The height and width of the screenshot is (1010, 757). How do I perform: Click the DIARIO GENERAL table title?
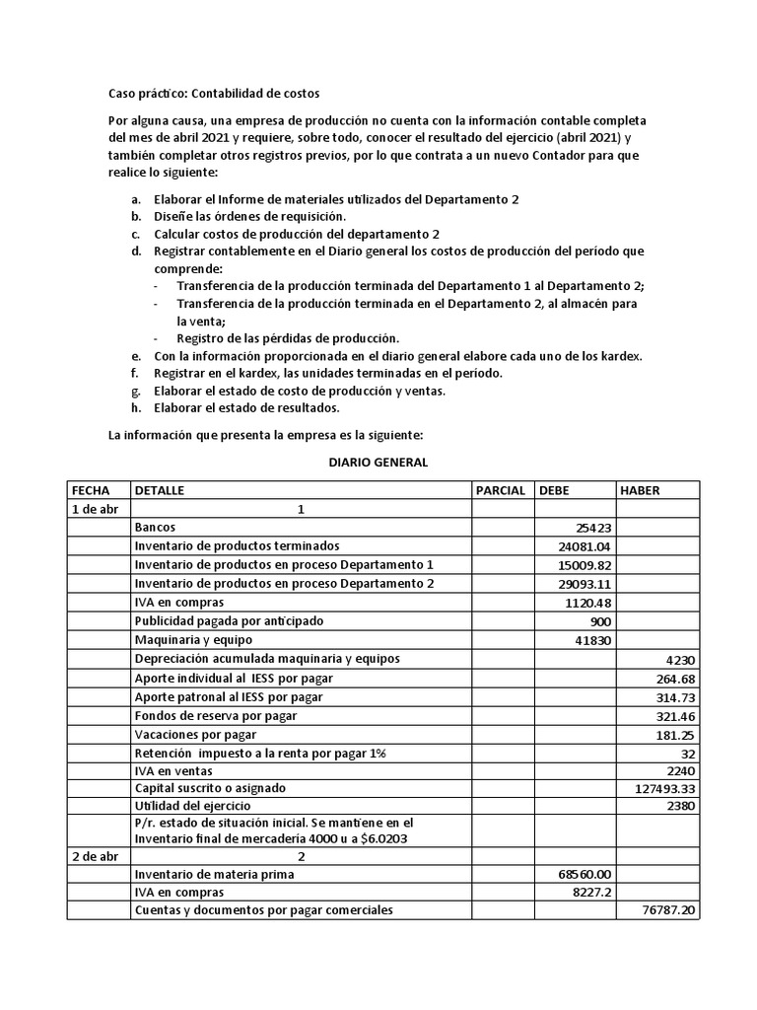coord(378,463)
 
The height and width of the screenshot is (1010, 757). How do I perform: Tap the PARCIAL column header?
coord(500,490)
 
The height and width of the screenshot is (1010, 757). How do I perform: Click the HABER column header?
coord(640,490)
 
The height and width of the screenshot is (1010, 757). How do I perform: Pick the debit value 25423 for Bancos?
coord(590,528)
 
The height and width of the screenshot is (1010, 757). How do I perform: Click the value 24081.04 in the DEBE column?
coord(584,546)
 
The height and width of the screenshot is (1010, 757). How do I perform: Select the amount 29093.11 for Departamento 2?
coord(584,584)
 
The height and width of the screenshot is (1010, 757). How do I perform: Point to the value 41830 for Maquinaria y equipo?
coord(590,640)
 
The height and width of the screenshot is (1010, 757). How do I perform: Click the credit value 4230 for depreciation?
coord(681,659)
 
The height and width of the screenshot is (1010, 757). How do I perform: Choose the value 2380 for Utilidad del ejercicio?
coord(681,806)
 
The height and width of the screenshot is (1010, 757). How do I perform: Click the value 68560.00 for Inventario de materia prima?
coord(585,874)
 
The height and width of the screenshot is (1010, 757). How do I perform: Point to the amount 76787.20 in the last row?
coord(668,910)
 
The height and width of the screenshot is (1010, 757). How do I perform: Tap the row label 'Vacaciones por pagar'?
coord(195,734)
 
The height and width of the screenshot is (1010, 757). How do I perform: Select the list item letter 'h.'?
coord(136,408)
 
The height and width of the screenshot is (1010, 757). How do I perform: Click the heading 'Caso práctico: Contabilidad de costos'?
coord(213,94)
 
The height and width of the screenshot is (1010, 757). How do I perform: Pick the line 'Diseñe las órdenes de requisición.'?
coord(250,216)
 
